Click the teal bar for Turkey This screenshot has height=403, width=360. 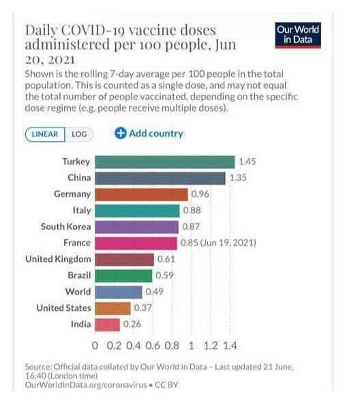click(x=165, y=162)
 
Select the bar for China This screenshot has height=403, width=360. click(x=160, y=178)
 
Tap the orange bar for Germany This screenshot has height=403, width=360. click(x=141, y=194)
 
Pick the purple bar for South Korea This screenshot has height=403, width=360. click(x=137, y=226)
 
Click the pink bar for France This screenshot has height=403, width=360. click(x=136, y=243)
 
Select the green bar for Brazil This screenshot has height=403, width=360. click(x=123, y=275)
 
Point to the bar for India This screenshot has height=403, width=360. click(x=108, y=325)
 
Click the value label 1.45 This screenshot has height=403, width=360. click(x=247, y=162)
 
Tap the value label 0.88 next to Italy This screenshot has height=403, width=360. click(x=192, y=210)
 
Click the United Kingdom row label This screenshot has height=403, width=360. click(x=58, y=259)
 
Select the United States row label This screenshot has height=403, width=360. click(x=63, y=308)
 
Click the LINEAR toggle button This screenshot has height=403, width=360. click(x=46, y=134)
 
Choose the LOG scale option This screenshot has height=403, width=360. click(x=79, y=134)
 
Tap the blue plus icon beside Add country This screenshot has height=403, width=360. click(x=120, y=134)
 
